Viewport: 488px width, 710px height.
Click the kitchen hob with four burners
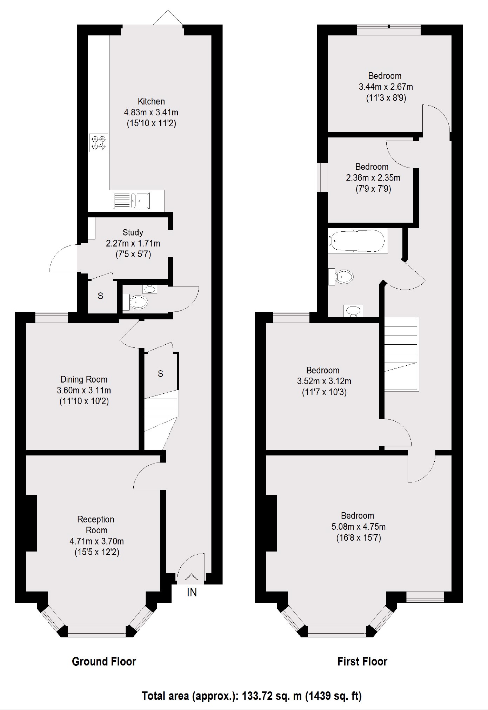tap(99, 143)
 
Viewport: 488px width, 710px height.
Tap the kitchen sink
tap(131, 201)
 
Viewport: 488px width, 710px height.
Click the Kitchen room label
tap(151, 102)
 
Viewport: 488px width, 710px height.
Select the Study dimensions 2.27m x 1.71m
tap(133, 243)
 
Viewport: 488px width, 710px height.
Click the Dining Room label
tap(84, 379)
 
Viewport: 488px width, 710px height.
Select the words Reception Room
tap(96, 525)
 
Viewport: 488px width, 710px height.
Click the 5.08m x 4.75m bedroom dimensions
tap(358, 527)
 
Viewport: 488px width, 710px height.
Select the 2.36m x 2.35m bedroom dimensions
tap(373, 178)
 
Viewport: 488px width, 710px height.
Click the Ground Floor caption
tap(104, 662)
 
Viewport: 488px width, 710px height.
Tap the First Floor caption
tap(362, 662)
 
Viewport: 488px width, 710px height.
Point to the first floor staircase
tap(401, 354)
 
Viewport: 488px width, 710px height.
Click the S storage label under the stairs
tap(160, 374)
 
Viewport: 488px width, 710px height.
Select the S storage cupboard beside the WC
tap(100, 296)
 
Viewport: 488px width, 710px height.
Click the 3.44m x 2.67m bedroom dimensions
tap(386, 87)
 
